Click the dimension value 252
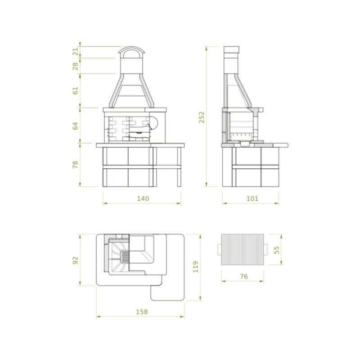click(x=202, y=117)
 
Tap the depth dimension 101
click(x=252, y=198)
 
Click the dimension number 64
click(x=76, y=126)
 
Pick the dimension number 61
click(x=76, y=90)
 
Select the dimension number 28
click(x=76, y=66)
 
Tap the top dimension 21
click(x=76, y=52)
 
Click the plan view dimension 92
click(x=76, y=260)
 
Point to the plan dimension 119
click(x=195, y=267)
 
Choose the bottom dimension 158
click(x=141, y=311)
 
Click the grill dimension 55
click(x=277, y=249)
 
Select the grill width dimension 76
click(x=243, y=276)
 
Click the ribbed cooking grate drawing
click(x=243, y=249)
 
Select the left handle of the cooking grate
click(x=219, y=249)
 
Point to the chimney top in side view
click(x=231, y=50)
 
